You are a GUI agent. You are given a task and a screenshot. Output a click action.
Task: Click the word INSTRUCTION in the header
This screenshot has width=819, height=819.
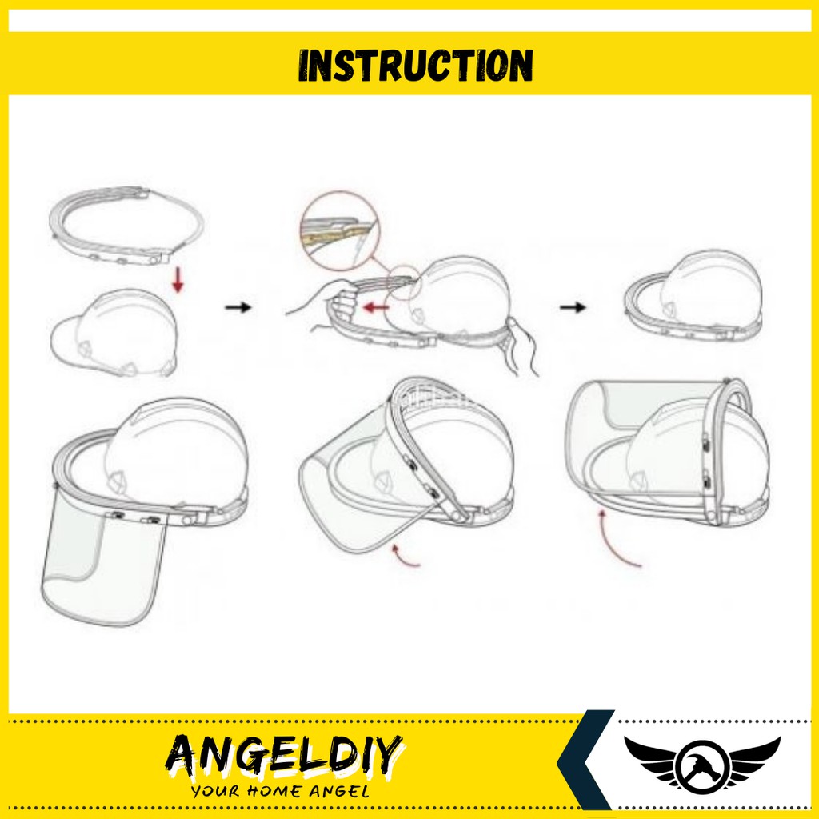click(416, 65)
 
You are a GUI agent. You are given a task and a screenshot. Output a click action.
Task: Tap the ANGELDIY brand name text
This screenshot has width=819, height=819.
click(285, 756)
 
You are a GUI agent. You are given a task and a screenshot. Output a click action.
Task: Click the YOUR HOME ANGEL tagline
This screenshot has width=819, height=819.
click(280, 792)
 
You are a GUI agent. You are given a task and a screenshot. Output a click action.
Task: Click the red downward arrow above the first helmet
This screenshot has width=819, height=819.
click(178, 280)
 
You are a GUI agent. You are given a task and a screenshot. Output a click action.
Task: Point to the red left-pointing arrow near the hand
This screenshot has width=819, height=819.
click(374, 306)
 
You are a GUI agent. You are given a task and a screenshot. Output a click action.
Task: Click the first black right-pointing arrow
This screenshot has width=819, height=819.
click(238, 306)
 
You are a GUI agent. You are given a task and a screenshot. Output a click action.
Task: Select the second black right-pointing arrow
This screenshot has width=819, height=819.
click(573, 306)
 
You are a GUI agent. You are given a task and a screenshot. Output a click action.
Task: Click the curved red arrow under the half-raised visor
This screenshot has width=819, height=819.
click(406, 557)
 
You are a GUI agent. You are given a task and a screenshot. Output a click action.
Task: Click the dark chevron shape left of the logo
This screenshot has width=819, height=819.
click(584, 760)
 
